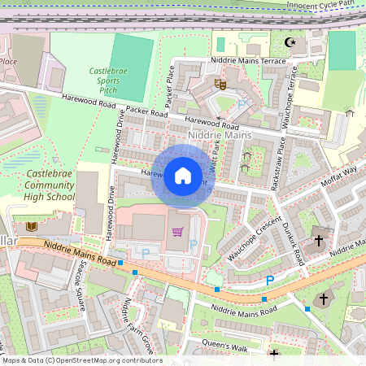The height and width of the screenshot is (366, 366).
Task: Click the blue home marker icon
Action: (x=183, y=175)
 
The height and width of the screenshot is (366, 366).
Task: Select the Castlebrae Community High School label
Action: (x=50, y=185)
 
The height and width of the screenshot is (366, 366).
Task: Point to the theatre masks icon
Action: (x=219, y=83)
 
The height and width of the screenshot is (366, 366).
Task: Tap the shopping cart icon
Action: (x=177, y=231)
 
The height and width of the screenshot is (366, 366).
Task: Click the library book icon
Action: (x=32, y=225)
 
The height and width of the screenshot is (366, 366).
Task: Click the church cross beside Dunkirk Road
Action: (x=318, y=241)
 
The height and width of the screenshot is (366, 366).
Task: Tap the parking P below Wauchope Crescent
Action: (x=269, y=281)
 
